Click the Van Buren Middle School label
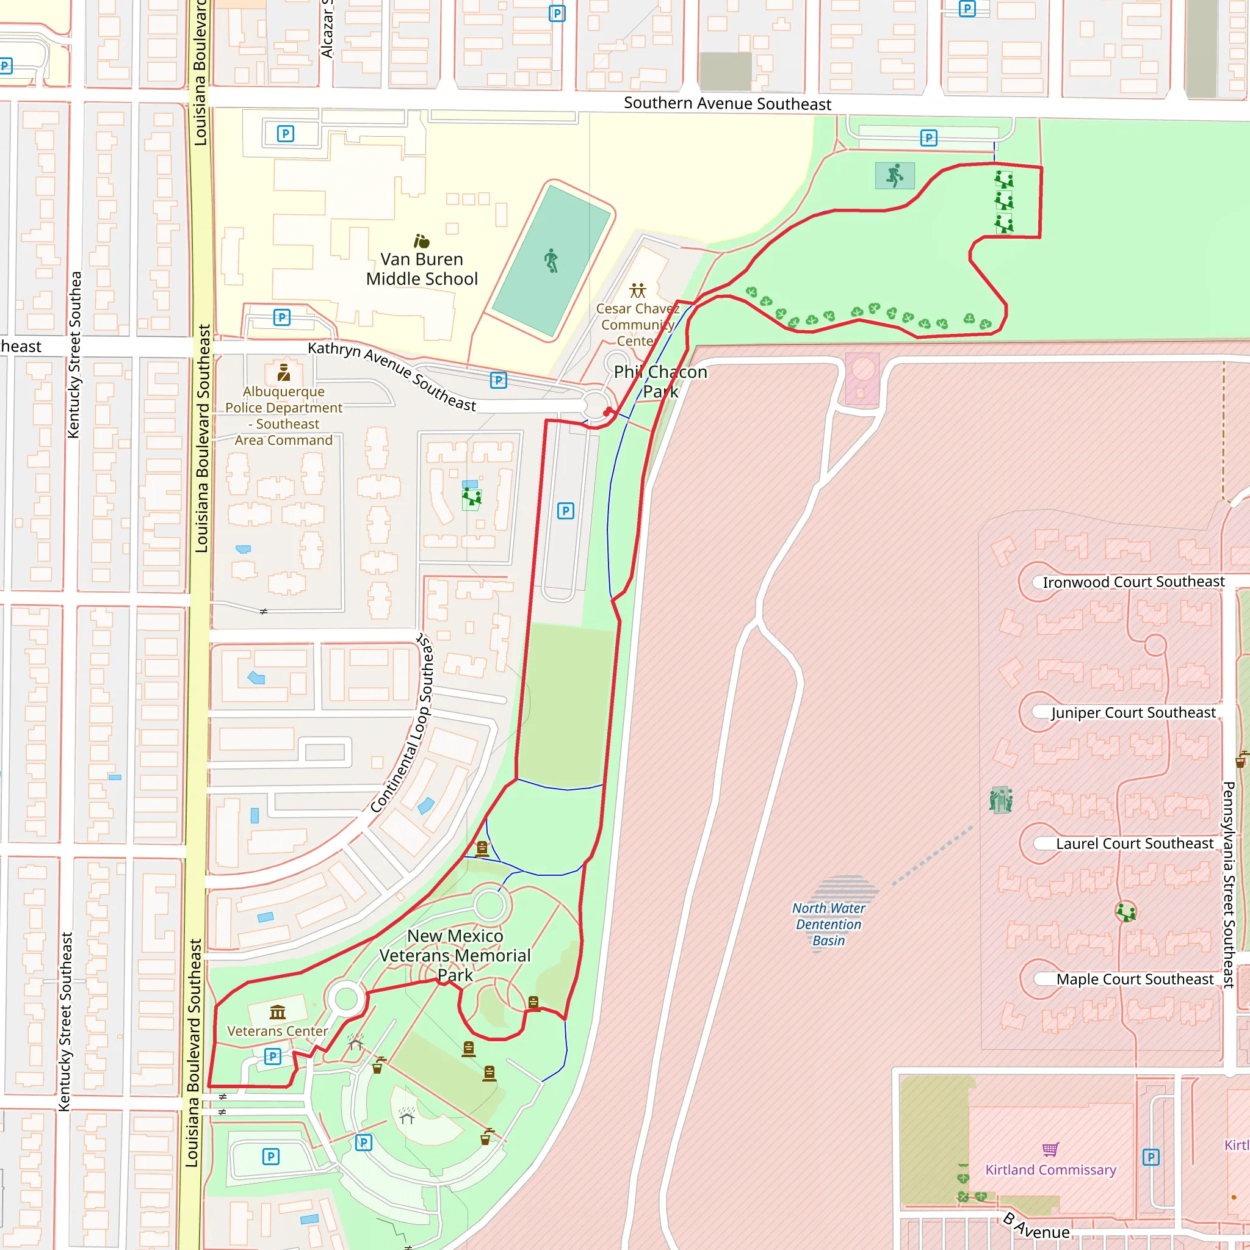point(421,269)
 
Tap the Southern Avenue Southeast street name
point(726,104)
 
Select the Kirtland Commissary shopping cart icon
point(1050,1149)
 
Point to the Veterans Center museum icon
point(278,1012)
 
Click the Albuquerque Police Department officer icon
point(283,372)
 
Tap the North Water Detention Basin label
point(828,924)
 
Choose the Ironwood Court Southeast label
point(1133,582)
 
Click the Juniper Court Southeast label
point(1133,712)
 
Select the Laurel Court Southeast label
point(1134,844)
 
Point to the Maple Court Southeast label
point(1134,980)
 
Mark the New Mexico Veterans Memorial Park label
point(455,955)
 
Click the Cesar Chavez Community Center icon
point(637,290)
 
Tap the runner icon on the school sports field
point(551,260)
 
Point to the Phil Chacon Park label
point(660,381)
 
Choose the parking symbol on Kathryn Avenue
point(497,380)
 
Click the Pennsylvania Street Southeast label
point(1228,884)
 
